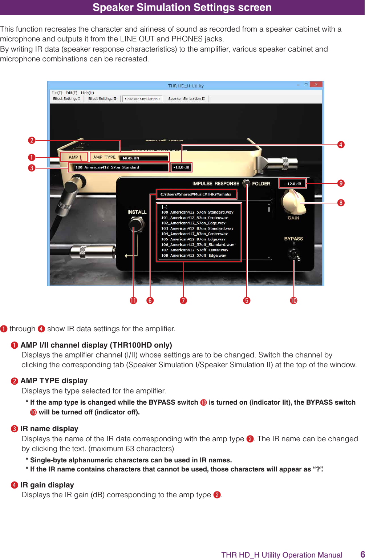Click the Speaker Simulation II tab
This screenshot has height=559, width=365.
[x=186, y=99]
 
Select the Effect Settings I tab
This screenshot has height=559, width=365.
[x=66, y=99]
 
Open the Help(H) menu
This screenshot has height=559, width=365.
[x=88, y=93]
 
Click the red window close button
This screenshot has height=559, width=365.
[x=316, y=85]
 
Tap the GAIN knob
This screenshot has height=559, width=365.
[x=294, y=203]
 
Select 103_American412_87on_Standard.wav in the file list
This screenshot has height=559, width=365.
[x=197, y=228]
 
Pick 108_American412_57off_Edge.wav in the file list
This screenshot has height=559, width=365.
[x=194, y=256]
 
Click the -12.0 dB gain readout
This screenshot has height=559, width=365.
[x=293, y=184]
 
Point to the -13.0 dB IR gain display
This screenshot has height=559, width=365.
[x=181, y=167]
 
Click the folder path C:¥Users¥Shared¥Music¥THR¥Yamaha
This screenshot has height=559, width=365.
[x=196, y=194]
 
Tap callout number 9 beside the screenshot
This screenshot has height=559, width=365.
[x=341, y=183]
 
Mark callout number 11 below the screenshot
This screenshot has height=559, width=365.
[x=134, y=300]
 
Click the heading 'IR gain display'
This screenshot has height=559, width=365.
[x=47, y=485]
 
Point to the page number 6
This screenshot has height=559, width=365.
[x=362, y=554]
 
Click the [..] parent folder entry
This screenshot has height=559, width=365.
[x=165, y=207]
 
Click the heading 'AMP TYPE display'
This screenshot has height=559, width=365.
[x=54, y=381]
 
